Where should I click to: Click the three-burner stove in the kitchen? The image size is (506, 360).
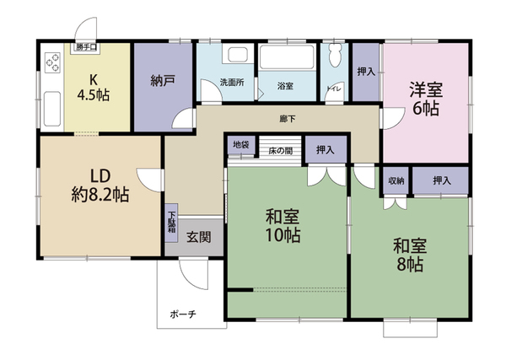coord(52,62)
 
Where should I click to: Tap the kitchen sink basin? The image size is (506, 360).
coord(52,109)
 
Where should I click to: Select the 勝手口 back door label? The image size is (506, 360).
coord(86,47)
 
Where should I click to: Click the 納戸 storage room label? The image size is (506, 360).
coord(163,80)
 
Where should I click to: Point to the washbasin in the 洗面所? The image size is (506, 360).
coord(237,54)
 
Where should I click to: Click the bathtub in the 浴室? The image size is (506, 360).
coord(287,56)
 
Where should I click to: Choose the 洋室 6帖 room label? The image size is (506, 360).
coord(426,99)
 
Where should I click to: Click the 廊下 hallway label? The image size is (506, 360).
coord(288,119)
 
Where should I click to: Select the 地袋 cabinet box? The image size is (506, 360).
coord(241,145)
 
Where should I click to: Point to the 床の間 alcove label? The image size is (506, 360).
coord(281,150)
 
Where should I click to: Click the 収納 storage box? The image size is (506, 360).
coord(396,180)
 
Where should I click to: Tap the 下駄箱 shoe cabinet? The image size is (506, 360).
coord(172,223)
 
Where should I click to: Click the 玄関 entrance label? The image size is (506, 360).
coord(199,237)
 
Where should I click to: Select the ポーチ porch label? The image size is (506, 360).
coord(183,314)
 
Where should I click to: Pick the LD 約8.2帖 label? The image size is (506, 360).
coord(100,185)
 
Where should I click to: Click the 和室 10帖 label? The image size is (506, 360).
coord(283,226)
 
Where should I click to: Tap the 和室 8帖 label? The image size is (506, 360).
coord(410,255)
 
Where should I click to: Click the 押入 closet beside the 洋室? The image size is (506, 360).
coord(366,72)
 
